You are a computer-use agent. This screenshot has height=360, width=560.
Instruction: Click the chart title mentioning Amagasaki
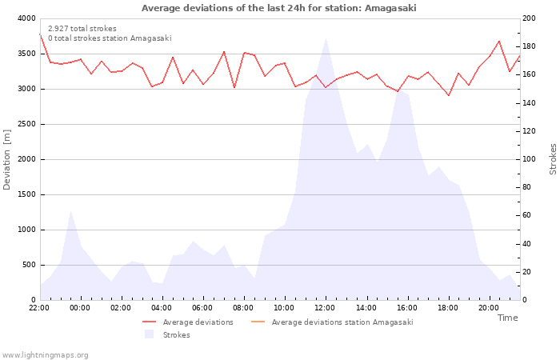tap(278, 8)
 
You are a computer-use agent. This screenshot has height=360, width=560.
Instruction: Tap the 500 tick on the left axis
tap(29, 265)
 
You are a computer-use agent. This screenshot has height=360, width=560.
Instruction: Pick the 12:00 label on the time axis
tap(325, 308)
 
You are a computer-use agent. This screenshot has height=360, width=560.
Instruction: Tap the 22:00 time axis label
tap(39, 308)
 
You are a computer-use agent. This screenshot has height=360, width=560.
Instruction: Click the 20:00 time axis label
tap(488, 308)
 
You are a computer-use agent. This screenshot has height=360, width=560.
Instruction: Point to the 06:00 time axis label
tap(202, 308)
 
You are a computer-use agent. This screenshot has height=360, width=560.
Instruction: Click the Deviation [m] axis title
tap(7, 159)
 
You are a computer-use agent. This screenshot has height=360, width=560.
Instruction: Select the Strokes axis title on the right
tap(553, 159)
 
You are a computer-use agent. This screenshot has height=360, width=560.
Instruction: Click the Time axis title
tap(507, 318)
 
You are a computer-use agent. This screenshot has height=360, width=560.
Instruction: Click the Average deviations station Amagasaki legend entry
tap(342, 322)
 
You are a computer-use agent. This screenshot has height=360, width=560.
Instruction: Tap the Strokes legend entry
tap(176, 335)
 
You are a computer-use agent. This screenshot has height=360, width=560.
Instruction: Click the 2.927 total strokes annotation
tap(82, 29)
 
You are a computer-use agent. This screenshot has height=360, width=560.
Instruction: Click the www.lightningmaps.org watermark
tap(45, 355)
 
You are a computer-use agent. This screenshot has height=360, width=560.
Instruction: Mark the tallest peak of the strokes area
tap(325, 39)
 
